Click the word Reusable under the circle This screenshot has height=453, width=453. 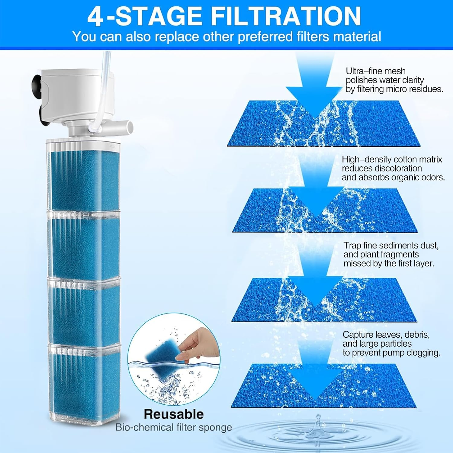point(174,414)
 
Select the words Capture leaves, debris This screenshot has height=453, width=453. point(386,335)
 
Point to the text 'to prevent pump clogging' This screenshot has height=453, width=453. point(391,353)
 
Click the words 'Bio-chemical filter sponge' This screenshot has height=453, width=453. point(174,427)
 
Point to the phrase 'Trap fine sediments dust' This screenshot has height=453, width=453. point(391,246)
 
